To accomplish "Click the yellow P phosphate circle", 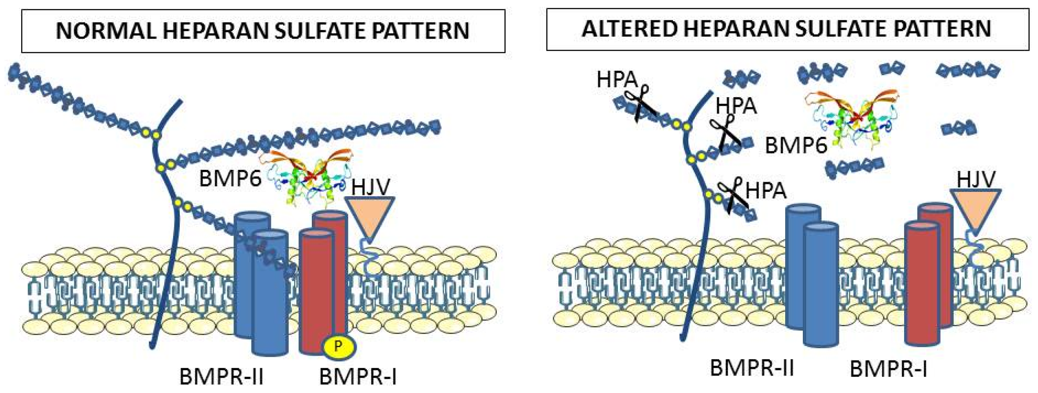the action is tap(338, 346).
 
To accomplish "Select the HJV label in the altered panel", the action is tap(976, 179).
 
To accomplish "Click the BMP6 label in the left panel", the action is tap(230, 179).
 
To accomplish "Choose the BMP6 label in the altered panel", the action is tap(796, 145).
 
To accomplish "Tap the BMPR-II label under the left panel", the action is tap(222, 377).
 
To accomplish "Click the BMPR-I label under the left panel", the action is tap(358, 377).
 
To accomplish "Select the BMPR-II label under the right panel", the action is tap(752, 367).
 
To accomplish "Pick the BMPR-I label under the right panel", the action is tap(888, 369).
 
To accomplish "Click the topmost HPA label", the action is tap(617, 80).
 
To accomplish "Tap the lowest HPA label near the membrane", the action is tap(765, 191).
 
